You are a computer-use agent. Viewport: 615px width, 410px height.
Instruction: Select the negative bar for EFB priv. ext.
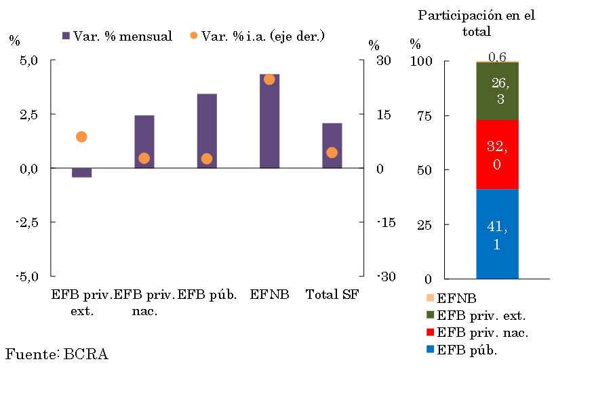[x=81, y=173]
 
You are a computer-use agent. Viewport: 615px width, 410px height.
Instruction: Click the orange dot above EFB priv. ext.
[x=81, y=137]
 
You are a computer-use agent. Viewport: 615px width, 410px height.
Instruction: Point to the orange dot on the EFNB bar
[x=269, y=79]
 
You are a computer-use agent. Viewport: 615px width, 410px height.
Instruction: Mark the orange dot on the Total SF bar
[x=332, y=152]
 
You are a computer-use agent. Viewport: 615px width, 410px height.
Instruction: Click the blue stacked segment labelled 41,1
[x=497, y=234]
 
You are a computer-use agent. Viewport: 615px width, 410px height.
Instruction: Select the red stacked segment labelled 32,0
[x=497, y=155]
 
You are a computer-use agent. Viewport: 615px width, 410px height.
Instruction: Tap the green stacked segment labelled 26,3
[x=497, y=91]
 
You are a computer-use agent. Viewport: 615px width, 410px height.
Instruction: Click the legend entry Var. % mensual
[x=116, y=36]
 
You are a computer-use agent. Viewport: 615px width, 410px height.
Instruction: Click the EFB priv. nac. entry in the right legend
[x=475, y=333]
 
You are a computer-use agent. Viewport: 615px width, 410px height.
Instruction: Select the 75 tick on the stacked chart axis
[x=424, y=116]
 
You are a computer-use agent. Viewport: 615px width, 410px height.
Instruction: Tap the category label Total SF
[x=332, y=295]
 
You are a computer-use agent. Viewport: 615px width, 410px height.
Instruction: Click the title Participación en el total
[x=477, y=23]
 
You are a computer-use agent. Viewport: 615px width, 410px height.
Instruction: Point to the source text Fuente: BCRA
[x=57, y=354]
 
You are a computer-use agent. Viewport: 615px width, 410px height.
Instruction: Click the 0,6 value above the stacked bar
[x=497, y=57]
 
